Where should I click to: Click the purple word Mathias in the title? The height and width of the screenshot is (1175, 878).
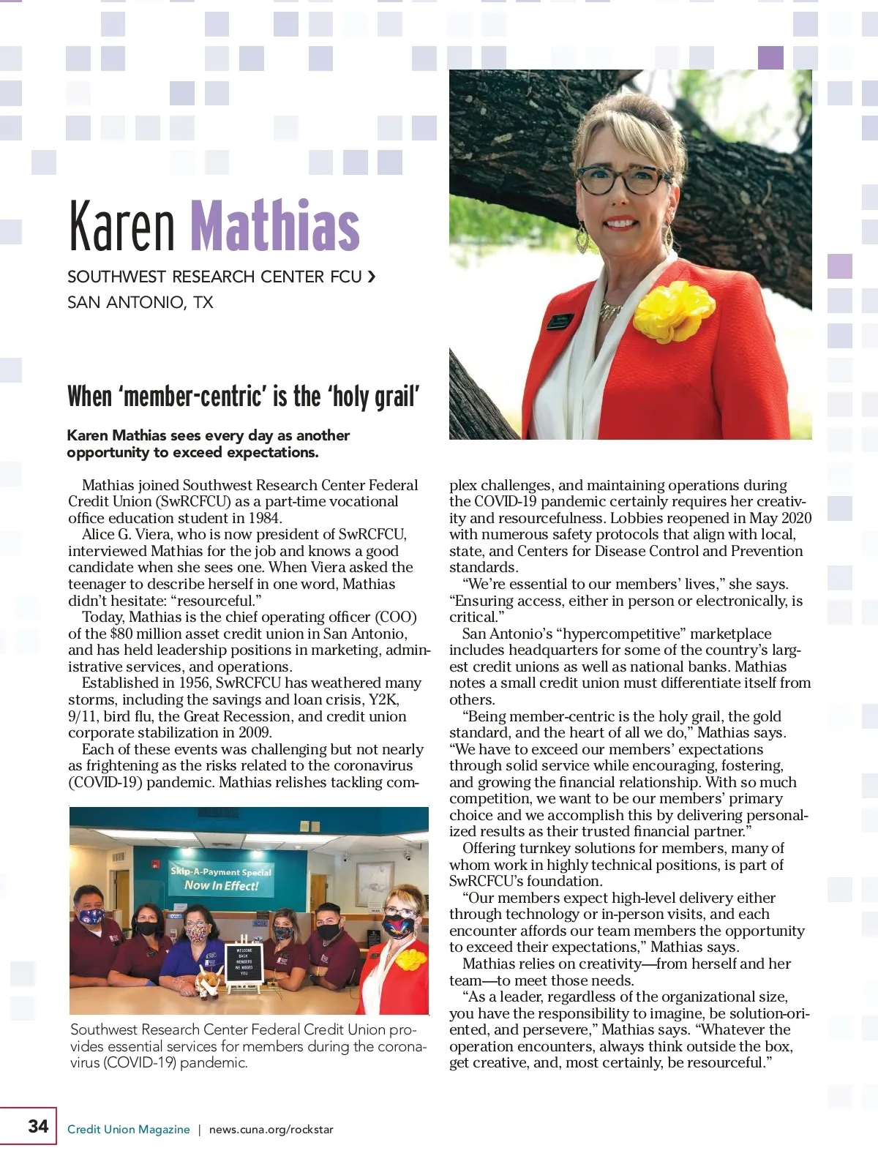pos(275,225)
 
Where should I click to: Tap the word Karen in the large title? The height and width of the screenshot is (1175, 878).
pos(121,225)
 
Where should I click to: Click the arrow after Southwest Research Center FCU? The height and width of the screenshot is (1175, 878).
pos(372,277)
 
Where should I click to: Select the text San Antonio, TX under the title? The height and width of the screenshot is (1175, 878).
pos(140,302)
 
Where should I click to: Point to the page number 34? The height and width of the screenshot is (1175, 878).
pos(38,1126)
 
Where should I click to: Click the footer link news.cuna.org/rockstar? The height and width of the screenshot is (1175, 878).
pos(271,1130)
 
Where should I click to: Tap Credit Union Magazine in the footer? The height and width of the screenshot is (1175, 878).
pos(128,1130)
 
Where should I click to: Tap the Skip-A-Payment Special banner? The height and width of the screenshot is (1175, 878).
pos(221,879)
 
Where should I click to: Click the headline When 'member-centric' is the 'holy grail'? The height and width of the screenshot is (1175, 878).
pos(244,397)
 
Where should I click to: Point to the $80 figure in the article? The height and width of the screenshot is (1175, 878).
pos(121,634)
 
